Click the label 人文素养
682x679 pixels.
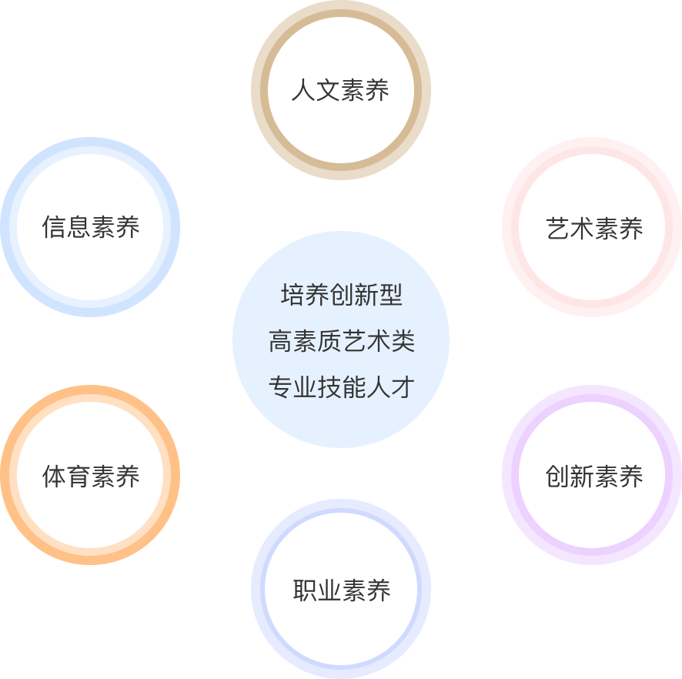(x=340, y=91)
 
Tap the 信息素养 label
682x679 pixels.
(x=91, y=228)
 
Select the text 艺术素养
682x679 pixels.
(x=594, y=229)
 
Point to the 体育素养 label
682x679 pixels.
(x=91, y=477)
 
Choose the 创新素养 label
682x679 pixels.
(x=594, y=477)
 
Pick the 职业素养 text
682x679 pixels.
(x=341, y=590)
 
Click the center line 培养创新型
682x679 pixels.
(x=341, y=295)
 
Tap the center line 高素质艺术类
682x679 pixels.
(x=341, y=341)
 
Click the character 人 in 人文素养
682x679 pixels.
(x=303, y=91)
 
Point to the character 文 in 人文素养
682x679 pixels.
(x=328, y=91)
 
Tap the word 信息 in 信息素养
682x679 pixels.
(x=66, y=228)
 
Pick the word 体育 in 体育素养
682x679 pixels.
(x=66, y=477)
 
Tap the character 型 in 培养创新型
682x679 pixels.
(x=390, y=295)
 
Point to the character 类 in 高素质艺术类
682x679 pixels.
(x=403, y=341)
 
